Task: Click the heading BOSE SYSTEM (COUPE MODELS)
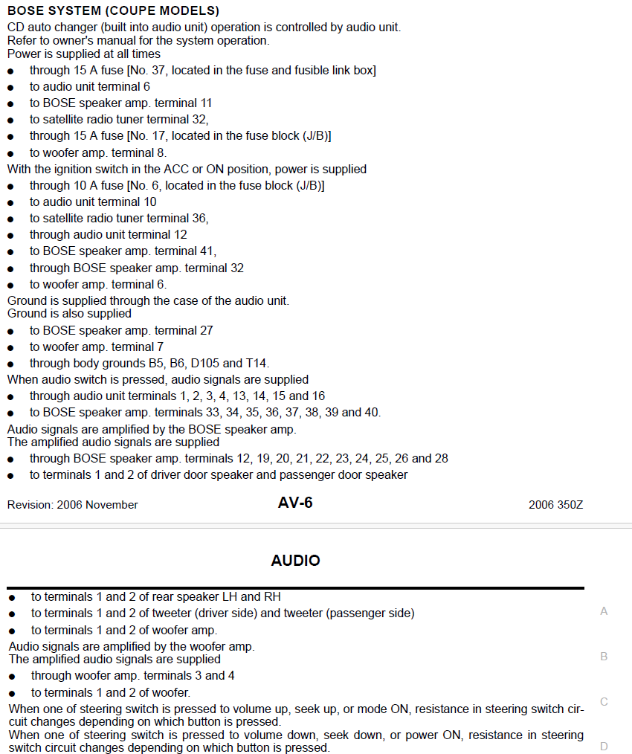[x=113, y=11]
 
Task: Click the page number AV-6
[x=295, y=503]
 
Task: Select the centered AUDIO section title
[x=295, y=561]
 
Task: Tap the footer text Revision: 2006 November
[x=73, y=505]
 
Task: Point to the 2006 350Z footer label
[x=555, y=505]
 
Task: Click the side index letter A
[x=604, y=611]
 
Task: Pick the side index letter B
[x=604, y=657]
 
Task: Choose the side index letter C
[x=604, y=702]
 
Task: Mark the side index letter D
[x=604, y=747]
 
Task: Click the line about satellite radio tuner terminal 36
[x=119, y=219]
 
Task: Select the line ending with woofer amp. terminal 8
[x=97, y=152]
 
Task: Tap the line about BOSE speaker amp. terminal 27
[x=121, y=331]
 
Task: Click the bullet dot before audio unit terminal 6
[x=11, y=88]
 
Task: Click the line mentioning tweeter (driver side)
[x=222, y=613]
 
